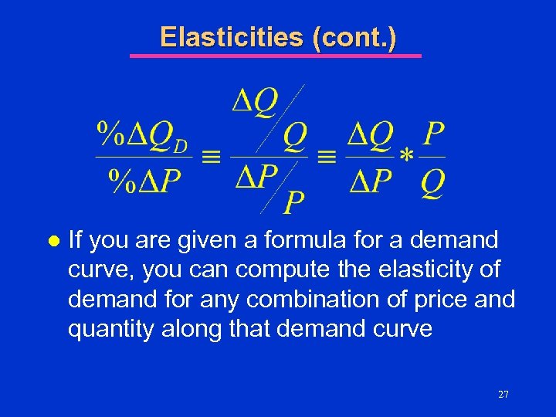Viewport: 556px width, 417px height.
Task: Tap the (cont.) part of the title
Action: pos(354,36)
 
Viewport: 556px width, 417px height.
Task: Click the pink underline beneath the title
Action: pos(275,56)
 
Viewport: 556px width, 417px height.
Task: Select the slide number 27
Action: pos(503,395)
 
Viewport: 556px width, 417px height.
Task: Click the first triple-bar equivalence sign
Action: pos(211,157)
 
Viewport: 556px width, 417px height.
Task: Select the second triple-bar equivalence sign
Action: pos(327,157)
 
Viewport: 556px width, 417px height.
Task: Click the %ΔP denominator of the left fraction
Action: pos(144,183)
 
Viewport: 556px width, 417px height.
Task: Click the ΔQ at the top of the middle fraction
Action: pos(256,100)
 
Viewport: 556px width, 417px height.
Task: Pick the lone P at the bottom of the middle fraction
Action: pos(293,202)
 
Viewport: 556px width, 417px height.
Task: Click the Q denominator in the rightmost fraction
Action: pos(433,183)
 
